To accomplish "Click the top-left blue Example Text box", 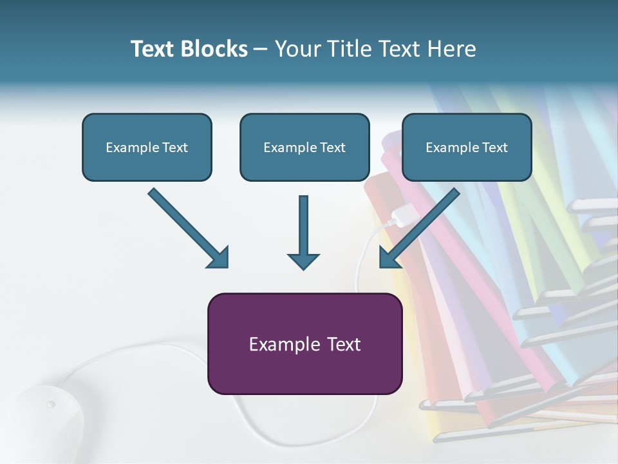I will tap(147, 148).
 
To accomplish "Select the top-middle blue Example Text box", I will tap(304, 148).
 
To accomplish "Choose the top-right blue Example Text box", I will tap(467, 148).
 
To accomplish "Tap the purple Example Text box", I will tap(304, 344).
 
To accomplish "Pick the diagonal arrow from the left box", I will tap(187, 226).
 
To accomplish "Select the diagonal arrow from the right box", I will tap(422, 226).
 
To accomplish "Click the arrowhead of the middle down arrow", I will tap(303, 260).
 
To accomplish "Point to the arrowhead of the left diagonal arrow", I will tap(219, 258).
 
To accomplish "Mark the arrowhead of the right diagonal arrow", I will tap(389, 258).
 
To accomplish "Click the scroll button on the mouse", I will tap(50, 405).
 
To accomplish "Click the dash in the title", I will tap(261, 50).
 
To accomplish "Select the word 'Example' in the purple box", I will tap(278, 344).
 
